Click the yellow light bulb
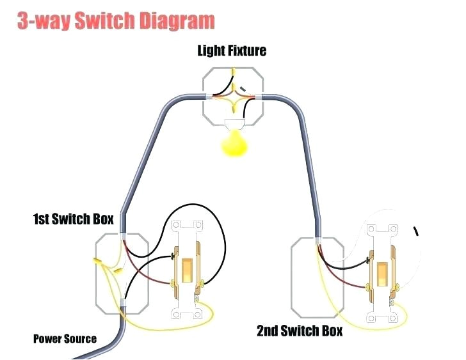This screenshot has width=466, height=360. point(235,145)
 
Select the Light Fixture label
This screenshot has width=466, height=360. point(232,51)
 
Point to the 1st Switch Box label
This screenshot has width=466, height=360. point(73,219)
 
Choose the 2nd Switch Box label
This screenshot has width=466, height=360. point(300,331)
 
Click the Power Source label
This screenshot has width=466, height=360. point(65,339)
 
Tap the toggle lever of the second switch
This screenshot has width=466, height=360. point(383,274)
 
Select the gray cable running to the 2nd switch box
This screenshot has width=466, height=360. point(307,160)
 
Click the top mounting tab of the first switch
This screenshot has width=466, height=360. point(186,225)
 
